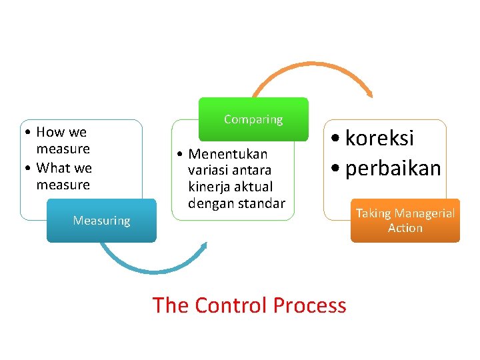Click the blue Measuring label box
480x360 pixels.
tap(101, 221)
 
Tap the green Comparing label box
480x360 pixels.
tap(253, 119)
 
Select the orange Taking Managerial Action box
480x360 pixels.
tap(405, 221)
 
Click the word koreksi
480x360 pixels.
tap(381, 138)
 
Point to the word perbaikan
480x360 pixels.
tap(393, 168)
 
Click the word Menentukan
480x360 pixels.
tap(228, 155)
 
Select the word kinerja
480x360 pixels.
tap(207, 187)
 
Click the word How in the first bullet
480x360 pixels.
tap(49, 132)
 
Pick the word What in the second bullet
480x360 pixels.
tap(54, 168)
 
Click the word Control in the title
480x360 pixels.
tap(223, 305)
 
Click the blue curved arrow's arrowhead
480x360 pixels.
tap(204, 246)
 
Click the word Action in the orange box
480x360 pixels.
tap(405, 228)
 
